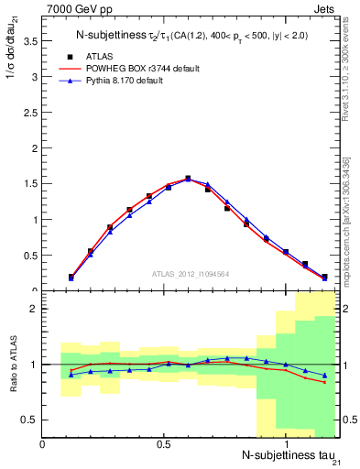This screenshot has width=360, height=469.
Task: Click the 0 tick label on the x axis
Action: point(42,443)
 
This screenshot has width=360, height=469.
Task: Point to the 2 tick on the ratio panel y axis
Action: point(34,309)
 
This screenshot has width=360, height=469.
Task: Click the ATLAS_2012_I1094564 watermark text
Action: point(191,273)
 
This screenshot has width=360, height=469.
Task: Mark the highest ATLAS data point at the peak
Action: point(188,179)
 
